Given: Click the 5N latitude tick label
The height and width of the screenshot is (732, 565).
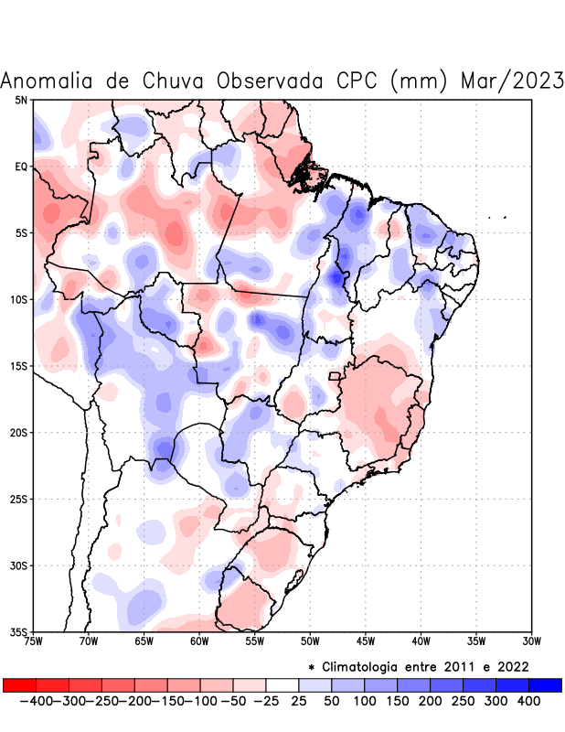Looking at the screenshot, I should (21, 100).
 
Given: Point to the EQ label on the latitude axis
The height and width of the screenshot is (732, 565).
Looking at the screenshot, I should (21, 167).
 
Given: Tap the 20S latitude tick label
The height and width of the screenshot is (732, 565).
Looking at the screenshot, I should (18, 433).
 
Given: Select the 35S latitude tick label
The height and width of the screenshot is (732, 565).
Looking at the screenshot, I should (18, 631).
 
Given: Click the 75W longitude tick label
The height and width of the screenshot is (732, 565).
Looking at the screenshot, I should (34, 641).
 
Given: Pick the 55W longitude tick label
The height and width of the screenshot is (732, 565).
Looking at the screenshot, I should (254, 641).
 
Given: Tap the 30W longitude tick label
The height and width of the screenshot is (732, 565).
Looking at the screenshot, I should (530, 641).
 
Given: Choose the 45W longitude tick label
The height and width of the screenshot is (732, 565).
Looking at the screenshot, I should (365, 641).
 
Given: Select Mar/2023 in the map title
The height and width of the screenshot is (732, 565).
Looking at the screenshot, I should (512, 81).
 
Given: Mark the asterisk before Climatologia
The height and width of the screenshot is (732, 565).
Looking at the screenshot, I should (311, 667).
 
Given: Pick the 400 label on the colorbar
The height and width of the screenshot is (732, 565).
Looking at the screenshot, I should (528, 701).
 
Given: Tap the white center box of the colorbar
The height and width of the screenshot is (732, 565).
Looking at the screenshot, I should (282, 684).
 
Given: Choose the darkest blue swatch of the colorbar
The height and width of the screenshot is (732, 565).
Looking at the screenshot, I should (545, 684).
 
